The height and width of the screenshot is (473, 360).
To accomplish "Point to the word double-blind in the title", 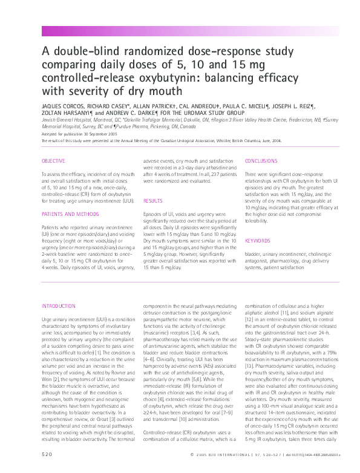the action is (x=86, y=52).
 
